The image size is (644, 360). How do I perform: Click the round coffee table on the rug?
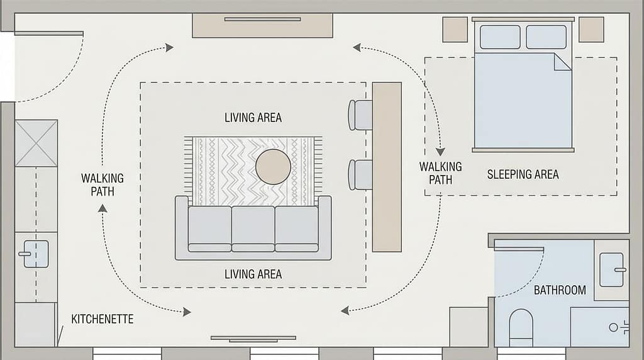(x=273, y=167)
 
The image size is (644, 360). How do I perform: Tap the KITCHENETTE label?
(x=102, y=319)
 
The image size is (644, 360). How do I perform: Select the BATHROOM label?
(x=560, y=290)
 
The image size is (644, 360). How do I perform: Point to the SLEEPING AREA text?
(x=523, y=174)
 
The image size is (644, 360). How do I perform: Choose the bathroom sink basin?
(x=611, y=269)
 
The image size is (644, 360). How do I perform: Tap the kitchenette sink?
(x=36, y=254)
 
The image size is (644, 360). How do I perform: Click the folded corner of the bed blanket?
(x=562, y=62)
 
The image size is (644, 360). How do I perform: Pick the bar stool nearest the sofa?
(x=361, y=174)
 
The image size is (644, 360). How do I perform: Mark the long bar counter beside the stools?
(x=387, y=167)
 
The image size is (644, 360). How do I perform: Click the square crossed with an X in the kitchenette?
(x=36, y=143)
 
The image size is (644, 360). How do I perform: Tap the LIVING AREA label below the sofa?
(x=253, y=274)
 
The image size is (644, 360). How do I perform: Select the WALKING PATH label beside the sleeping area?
(x=440, y=172)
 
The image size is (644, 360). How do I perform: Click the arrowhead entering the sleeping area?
(x=440, y=152)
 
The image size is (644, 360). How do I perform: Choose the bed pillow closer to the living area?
(x=500, y=37)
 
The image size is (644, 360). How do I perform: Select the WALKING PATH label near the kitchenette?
(x=103, y=184)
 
